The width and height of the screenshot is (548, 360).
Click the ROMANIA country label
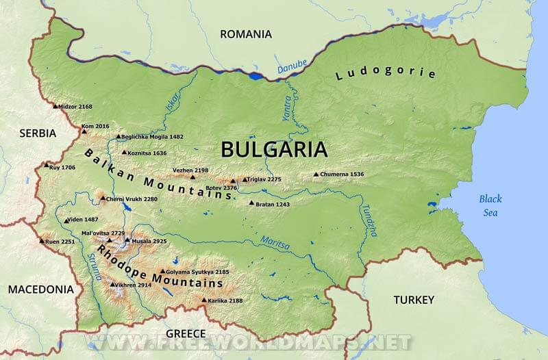(x=245, y=34)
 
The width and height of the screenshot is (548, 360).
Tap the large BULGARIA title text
(x=274, y=149)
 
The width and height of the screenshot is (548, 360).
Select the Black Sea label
(x=490, y=205)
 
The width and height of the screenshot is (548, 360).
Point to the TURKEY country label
(x=414, y=300)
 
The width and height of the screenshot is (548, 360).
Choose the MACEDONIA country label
(x=40, y=290)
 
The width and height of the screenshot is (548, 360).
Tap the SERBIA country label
(x=37, y=133)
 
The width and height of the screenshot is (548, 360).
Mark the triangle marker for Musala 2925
(x=127, y=241)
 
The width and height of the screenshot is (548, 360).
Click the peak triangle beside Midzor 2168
(x=55, y=106)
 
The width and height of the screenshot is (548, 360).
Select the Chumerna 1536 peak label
(x=342, y=175)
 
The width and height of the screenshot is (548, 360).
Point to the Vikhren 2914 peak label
(x=133, y=285)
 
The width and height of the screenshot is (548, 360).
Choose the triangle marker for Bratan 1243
(x=251, y=203)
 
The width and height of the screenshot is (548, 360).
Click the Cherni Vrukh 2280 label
(x=132, y=199)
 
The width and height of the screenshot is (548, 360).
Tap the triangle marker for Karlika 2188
(x=203, y=300)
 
